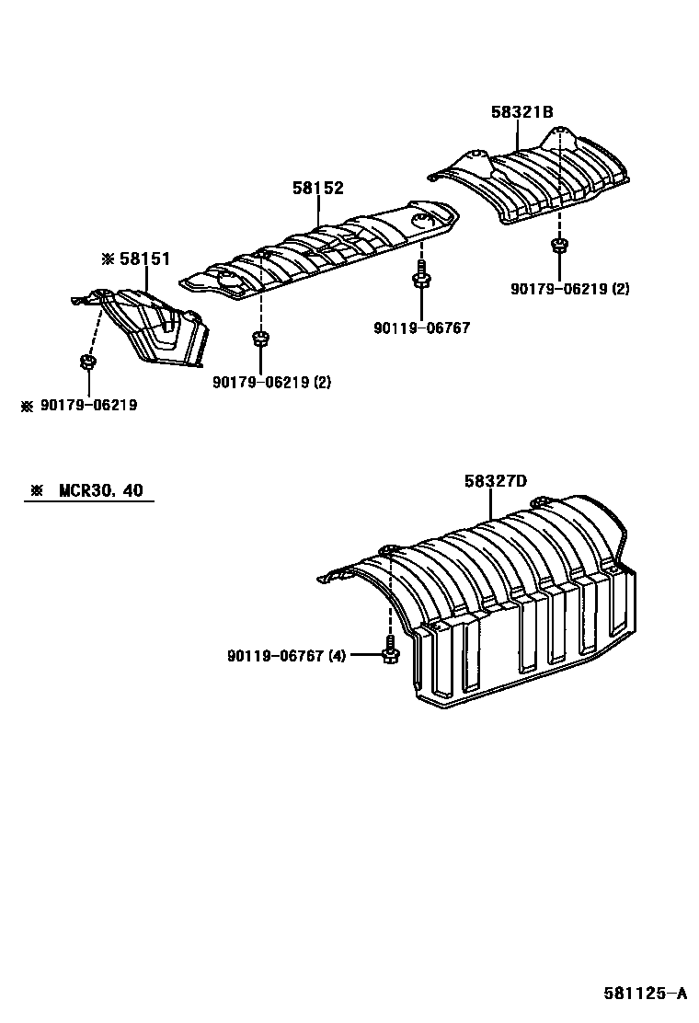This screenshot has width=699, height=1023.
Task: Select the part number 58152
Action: tap(318, 189)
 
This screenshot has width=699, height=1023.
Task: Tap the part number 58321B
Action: tap(521, 112)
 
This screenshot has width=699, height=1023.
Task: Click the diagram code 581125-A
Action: tap(645, 993)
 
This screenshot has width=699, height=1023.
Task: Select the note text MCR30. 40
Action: tap(101, 490)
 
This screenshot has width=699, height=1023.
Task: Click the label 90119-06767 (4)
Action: tap(286, 656)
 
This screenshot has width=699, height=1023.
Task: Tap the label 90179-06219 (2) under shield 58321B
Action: tap(570, 288)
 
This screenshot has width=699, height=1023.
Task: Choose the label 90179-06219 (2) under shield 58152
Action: tap(270, 381)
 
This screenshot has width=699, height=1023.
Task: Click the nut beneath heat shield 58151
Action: tap(86, 362)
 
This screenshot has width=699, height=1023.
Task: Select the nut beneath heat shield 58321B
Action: tap(557, 245)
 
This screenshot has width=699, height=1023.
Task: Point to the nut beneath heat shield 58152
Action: tap(259, 338)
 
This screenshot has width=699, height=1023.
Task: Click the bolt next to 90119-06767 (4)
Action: tap(389, 650)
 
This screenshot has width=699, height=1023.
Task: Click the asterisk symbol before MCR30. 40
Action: tap(37, 490)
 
